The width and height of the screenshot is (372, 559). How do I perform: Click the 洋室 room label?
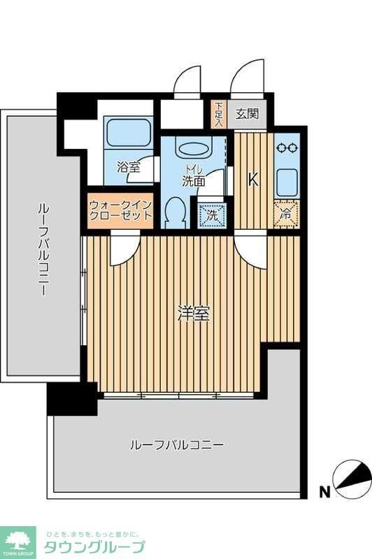194,314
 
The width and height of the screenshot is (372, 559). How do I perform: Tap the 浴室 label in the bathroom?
128,168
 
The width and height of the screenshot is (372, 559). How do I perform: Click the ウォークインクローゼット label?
120,210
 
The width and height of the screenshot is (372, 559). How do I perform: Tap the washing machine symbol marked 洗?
211,215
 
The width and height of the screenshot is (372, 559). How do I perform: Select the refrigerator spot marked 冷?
286,215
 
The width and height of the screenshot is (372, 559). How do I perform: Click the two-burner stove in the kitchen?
286,148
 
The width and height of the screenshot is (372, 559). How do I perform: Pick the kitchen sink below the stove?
286,181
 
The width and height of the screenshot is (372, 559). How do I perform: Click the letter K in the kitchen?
253,180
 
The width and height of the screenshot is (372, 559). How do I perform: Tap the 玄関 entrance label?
246,114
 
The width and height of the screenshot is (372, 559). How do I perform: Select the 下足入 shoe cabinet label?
218,114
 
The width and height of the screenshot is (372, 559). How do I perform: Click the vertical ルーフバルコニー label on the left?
43,249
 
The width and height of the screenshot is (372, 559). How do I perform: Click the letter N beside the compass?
324,492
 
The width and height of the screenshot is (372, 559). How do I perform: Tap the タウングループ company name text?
94,546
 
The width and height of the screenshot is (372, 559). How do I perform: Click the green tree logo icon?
17,538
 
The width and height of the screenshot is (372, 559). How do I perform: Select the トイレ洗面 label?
193,175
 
